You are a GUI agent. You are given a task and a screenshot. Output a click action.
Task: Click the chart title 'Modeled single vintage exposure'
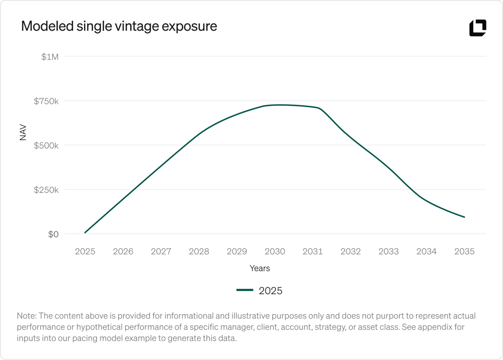tap(119, 27)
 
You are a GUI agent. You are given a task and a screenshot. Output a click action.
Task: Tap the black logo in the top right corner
tap(477, 28)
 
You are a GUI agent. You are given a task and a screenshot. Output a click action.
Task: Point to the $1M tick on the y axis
tap(50, 57)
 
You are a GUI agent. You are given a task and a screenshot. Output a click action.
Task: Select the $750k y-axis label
tap(46, 101)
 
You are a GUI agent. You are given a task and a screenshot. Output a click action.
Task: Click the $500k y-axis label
tap(46, 146)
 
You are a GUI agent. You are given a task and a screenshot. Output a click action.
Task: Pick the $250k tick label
tap(46, 190)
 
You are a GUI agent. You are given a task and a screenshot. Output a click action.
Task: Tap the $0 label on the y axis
tap(53, 234)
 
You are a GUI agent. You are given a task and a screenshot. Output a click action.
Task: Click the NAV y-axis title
tap(23, 132)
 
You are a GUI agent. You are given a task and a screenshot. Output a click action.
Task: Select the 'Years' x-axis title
tap(260, 268)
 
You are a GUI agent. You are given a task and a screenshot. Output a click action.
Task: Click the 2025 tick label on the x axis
tap(85, 251)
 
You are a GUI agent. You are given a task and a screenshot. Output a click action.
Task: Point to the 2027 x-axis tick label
tap(161, 251)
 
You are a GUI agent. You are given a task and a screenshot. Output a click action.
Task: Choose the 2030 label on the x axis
tap(275, 251)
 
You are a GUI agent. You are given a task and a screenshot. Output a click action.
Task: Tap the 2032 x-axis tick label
tap(351, 251)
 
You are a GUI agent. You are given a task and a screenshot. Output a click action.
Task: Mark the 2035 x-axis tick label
tap(464, 251)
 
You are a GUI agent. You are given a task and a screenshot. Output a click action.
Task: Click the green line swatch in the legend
tap(245, 290)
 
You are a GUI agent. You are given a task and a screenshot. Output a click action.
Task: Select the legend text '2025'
tap(271, 291)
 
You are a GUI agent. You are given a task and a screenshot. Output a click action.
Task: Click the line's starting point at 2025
tap(85, 233)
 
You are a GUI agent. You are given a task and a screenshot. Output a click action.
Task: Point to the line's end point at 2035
tap(464, 217)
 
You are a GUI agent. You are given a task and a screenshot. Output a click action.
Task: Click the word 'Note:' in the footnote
tap(27, 316)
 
